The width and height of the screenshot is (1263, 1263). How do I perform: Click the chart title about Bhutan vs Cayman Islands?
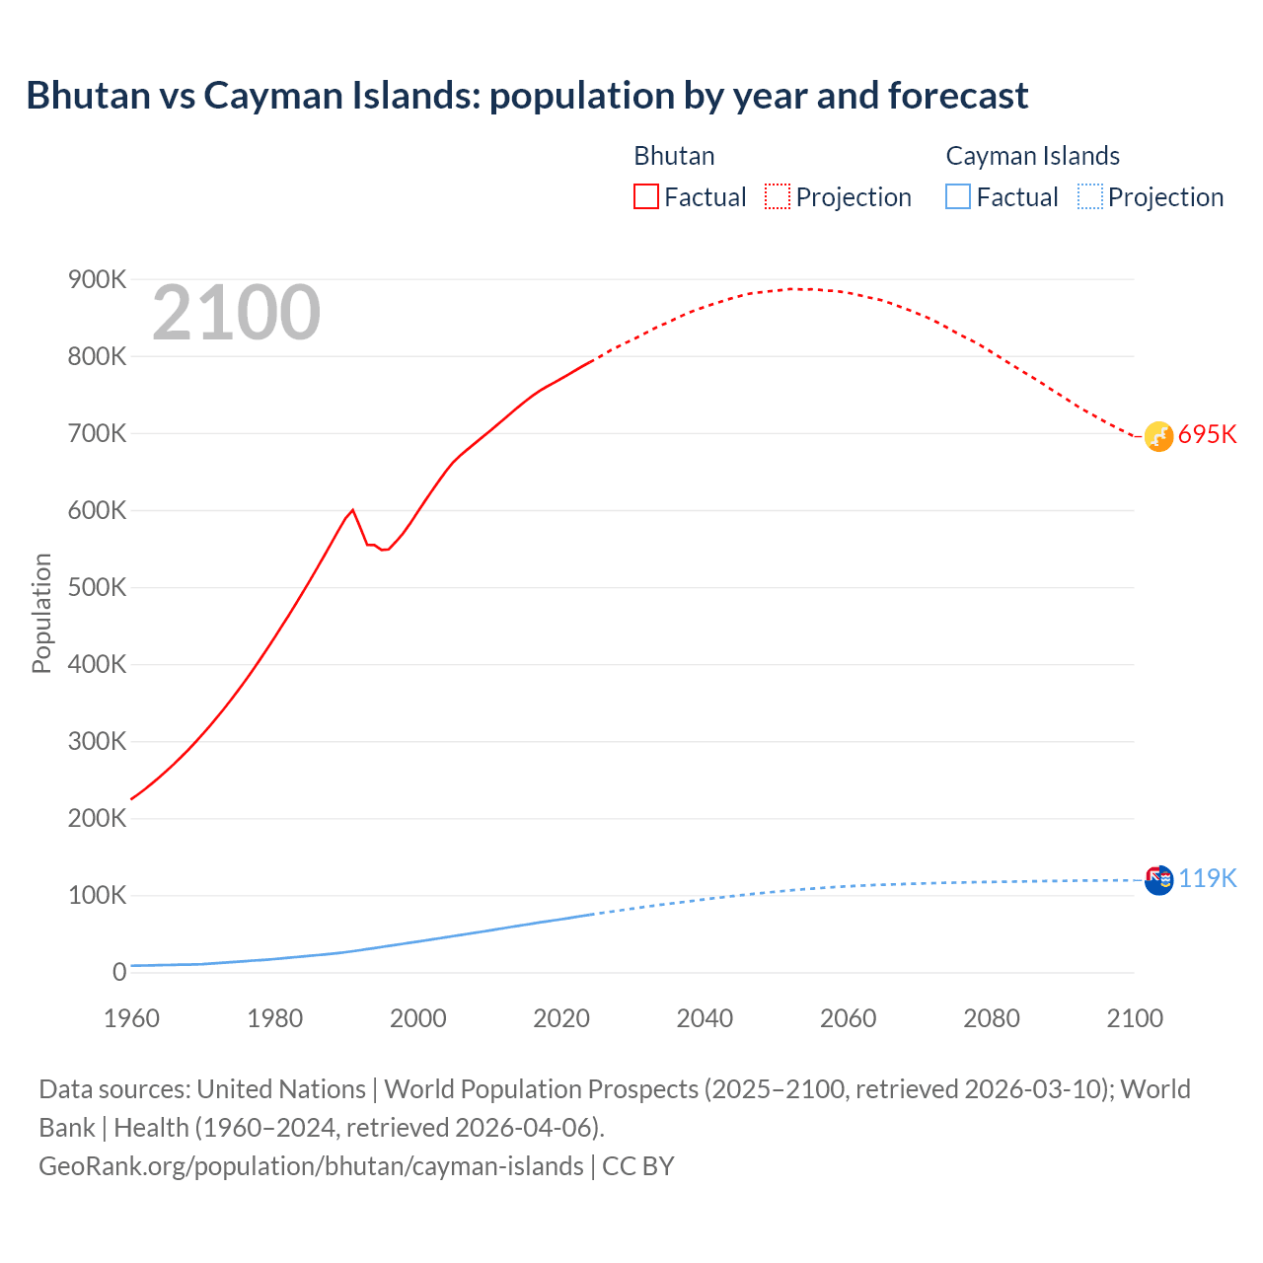coord(527,96)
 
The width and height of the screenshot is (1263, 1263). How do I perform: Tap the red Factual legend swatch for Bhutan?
coord(645,196)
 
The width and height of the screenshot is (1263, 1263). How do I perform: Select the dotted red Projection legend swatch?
coord(778,196)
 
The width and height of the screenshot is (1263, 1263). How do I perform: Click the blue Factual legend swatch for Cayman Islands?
coord(957,196)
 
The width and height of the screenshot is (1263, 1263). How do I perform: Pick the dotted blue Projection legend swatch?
coord(1089,196)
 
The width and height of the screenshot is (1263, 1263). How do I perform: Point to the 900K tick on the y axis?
coord(97,280)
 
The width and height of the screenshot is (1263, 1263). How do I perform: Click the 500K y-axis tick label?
coord(97,588)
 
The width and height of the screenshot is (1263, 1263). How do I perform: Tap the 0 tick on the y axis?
coord(119,973)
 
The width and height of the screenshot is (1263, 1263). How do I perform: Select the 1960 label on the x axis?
coord(131,1018)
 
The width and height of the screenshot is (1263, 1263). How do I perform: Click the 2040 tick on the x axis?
coord(705,1018)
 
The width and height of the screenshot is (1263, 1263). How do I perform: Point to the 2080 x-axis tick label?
coord(991,1018)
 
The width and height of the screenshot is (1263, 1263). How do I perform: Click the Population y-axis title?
coord(41,613)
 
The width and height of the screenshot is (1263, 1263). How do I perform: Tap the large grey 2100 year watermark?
coord(236,313)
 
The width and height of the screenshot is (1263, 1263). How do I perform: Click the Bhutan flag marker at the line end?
coord(1158,436)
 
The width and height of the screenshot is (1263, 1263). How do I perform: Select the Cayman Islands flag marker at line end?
coord(1158,879)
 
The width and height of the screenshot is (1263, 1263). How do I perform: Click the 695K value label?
coord(1207,435)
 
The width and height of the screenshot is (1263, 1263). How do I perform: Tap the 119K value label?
coord(1207,878)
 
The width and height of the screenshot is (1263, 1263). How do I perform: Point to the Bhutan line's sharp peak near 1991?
coord(352,510)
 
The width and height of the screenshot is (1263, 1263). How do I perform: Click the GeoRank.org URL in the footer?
coord(311,1166)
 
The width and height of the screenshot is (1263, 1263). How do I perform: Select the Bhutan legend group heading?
coord(674,156)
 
